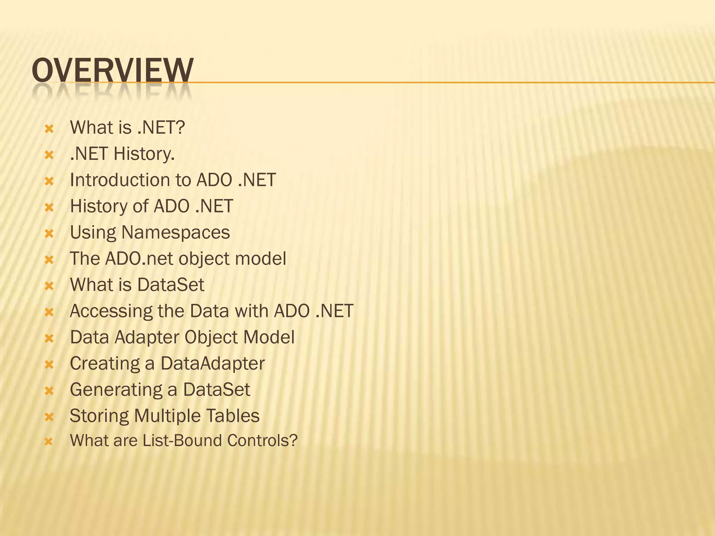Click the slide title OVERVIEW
click(112, 70)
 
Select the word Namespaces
click(176, 232)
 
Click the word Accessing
click(111, 311)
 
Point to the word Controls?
click(262, 440)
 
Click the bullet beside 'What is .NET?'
click(49, 129)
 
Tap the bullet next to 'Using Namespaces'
click(49, 234)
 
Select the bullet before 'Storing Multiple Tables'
click(49, 417)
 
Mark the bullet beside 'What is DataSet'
click(49, 286)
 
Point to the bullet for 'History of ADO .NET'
click(49, 208)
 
